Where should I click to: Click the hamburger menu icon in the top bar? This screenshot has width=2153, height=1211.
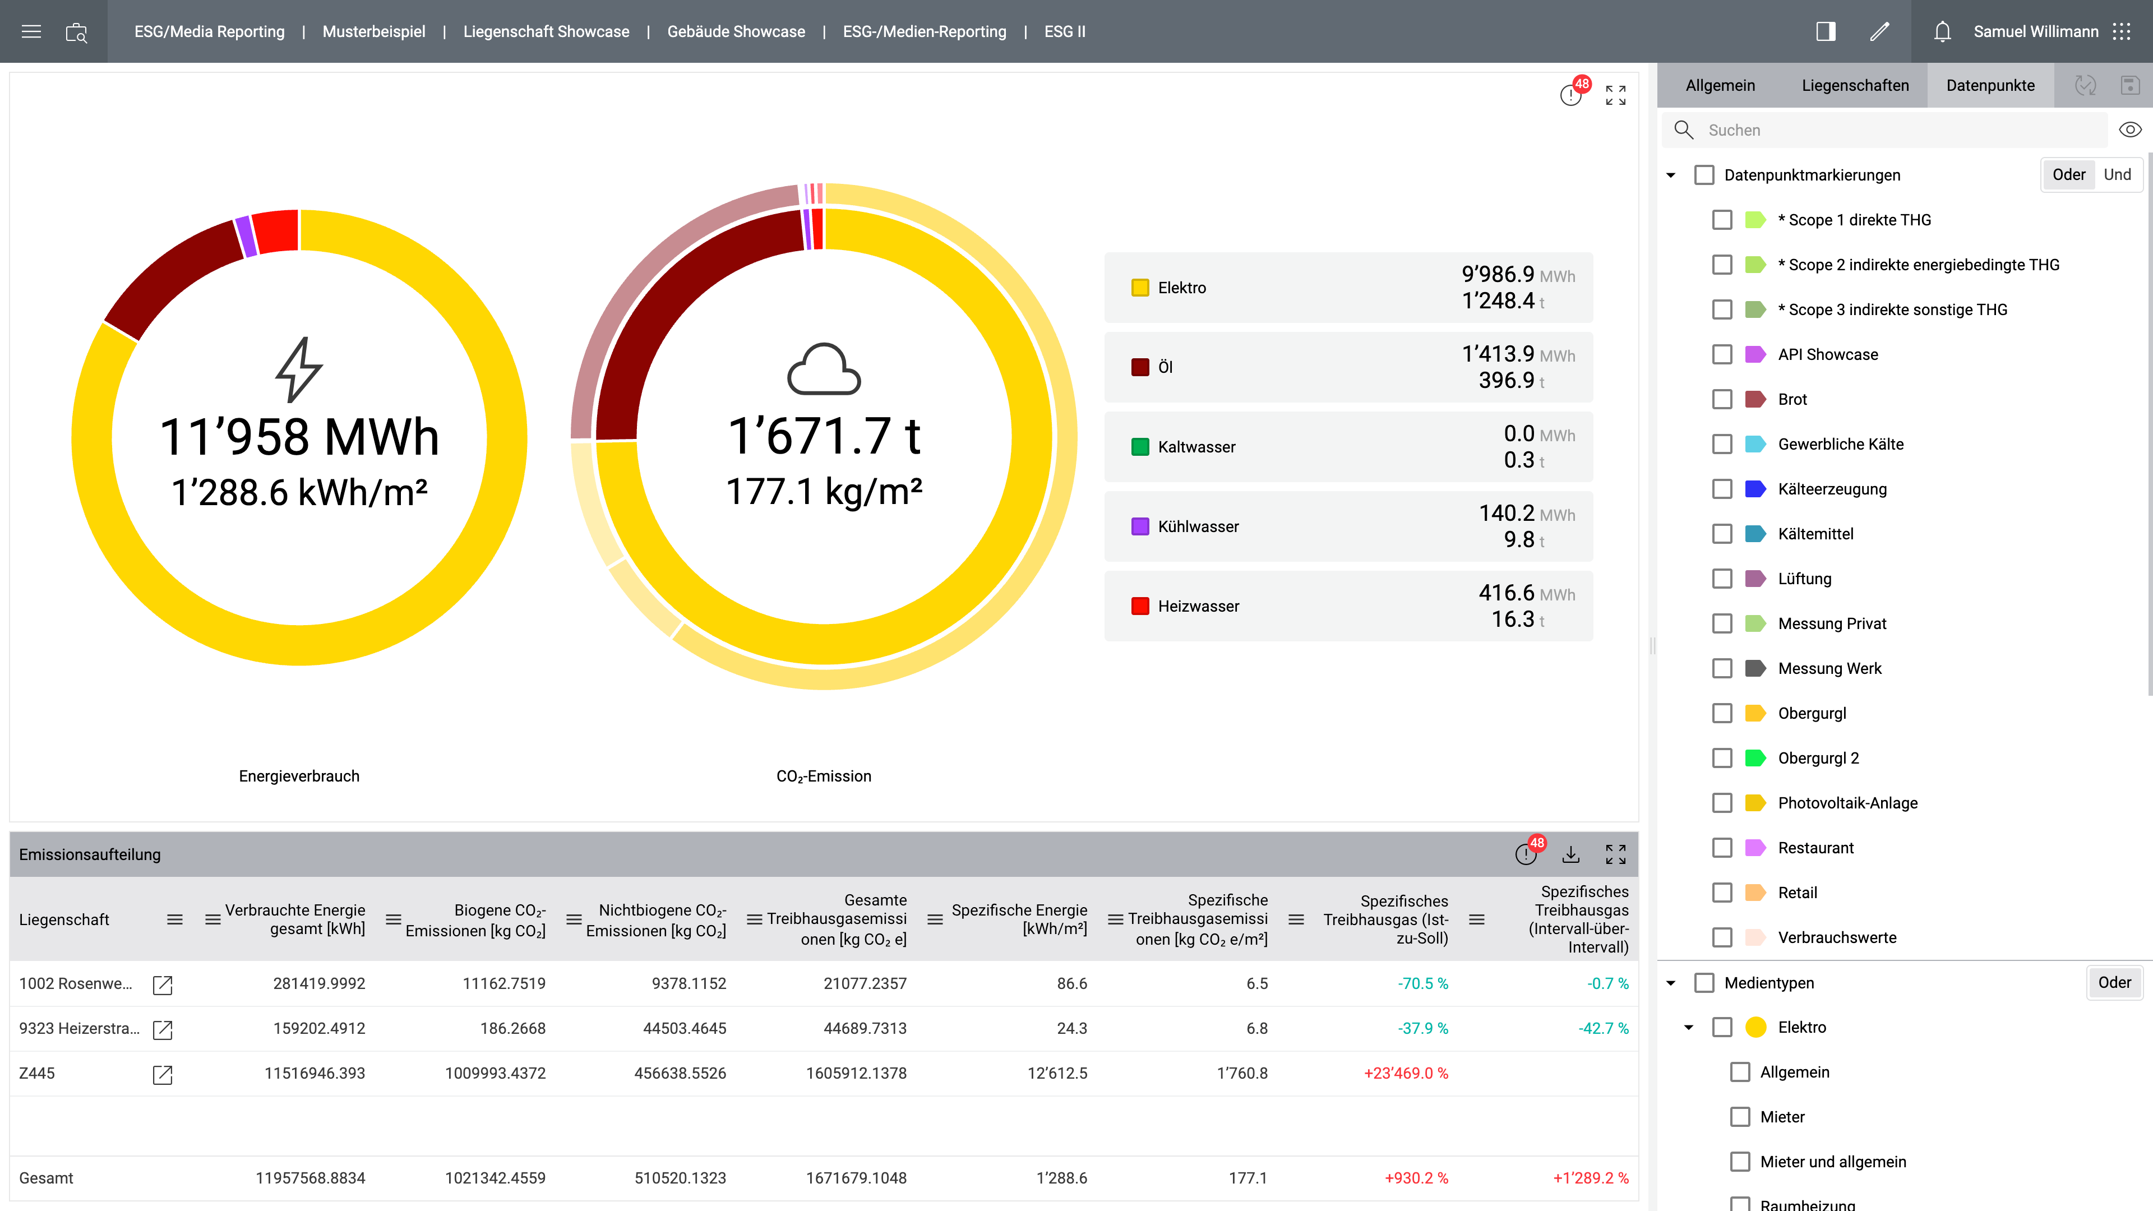[x=31, y=32]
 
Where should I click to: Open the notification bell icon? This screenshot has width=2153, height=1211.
[x=1942, y=32]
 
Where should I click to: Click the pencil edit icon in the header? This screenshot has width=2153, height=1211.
[x=1879, y=32]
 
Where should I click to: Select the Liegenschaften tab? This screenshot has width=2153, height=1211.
[x=1855, y=85]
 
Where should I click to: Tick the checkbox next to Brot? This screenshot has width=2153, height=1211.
[x=1722, y=400]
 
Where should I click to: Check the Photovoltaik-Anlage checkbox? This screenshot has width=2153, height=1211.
[x=1722, y=803]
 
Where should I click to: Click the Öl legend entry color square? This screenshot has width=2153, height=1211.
[x=1139, y=367]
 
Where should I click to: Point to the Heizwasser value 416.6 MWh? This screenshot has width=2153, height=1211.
[x=1526, y=593]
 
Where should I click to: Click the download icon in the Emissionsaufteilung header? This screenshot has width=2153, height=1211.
[x=1570, y=854]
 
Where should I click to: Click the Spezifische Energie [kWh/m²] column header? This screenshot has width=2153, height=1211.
[x=1019, y=919]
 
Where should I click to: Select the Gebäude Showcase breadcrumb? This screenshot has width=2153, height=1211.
[x=736, y=32]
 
